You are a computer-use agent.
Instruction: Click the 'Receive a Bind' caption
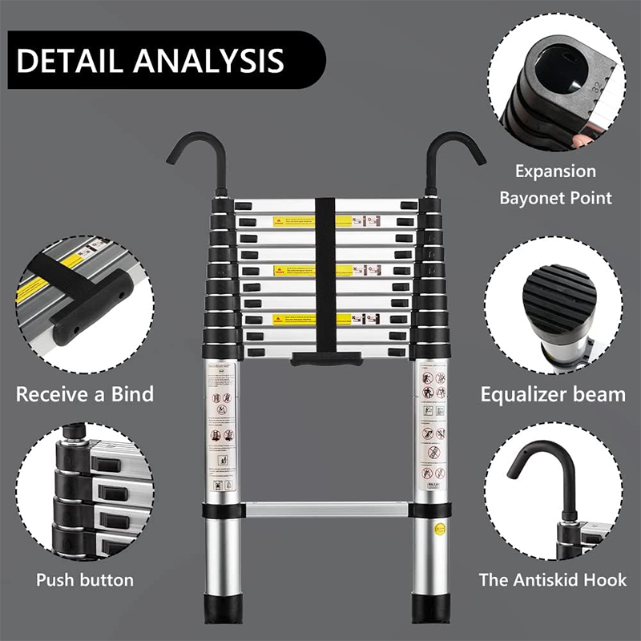click(84, 394)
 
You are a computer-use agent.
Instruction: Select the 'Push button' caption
click(84, 579)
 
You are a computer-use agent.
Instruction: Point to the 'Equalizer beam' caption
click(553, 394)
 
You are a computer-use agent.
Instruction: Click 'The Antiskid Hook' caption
click(553, 579)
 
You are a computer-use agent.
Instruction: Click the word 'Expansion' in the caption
click(555, 171)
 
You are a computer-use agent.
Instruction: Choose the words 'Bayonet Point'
click(555, 197)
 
